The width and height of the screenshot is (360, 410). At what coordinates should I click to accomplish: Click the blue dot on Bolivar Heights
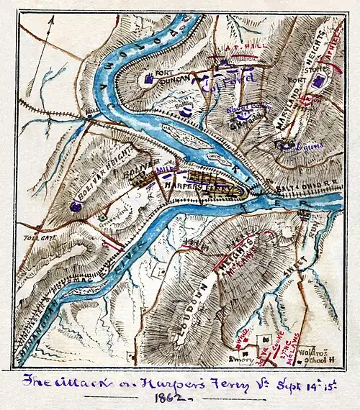76,206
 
